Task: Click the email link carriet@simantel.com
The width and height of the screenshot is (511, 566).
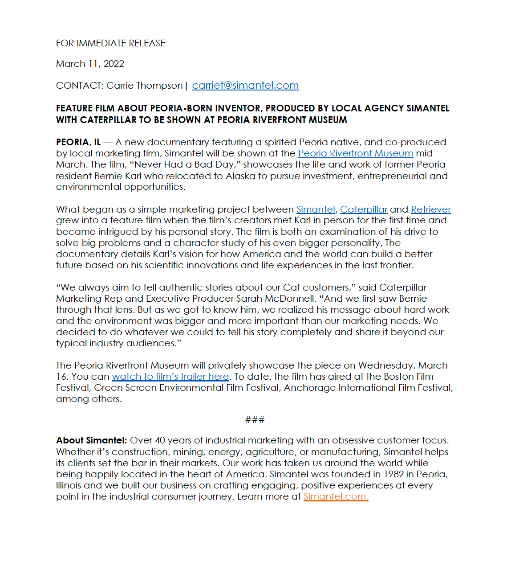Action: pyautogui.click(x=245, y=85)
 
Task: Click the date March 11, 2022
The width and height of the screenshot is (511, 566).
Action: pyautogui.click(x=90, y=64)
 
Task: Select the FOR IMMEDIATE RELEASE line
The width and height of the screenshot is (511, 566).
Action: pyautogui.click(x=110, y=43)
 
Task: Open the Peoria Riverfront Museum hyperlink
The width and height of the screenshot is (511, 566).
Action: pyautogui.click(x=355, y=153)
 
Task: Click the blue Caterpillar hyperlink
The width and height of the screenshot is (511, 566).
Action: pyautogui.click(x=364, y=209)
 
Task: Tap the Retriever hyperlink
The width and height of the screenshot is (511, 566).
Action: pyautogui.click(x=430, y=209)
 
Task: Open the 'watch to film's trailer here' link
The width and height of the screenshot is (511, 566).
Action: pyautogui.click(x=170, y=377)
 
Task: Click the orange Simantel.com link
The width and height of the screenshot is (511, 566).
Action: pyautogui.click(x=336, y=496)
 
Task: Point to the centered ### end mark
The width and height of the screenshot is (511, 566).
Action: pyautogui.click(x=255, y=420)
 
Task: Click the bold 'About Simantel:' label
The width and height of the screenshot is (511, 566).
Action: pyautogui.click(x=91, y=440)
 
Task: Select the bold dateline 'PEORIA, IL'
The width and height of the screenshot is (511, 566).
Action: pyautogui.click(x=78, y=142)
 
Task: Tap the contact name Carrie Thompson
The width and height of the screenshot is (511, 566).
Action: pyautogui.click(x=144, y=86)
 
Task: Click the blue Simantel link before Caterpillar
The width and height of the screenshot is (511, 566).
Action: pyautogui.click(x=315, y=209)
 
